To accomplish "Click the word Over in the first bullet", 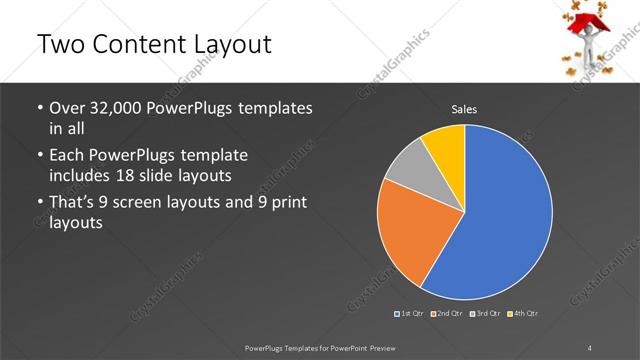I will click(x=68, y=107).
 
